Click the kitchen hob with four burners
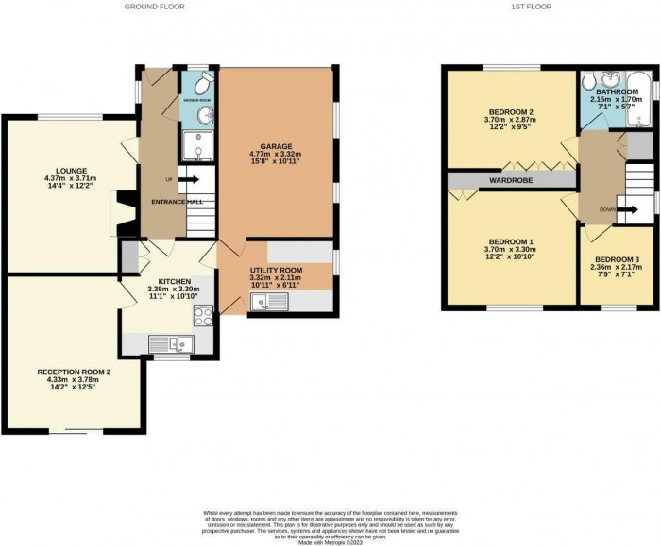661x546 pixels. click(x=182, y=344)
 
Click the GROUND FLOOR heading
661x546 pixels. click(x=154, y=7)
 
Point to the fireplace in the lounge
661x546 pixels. click(x=115, y=211)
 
